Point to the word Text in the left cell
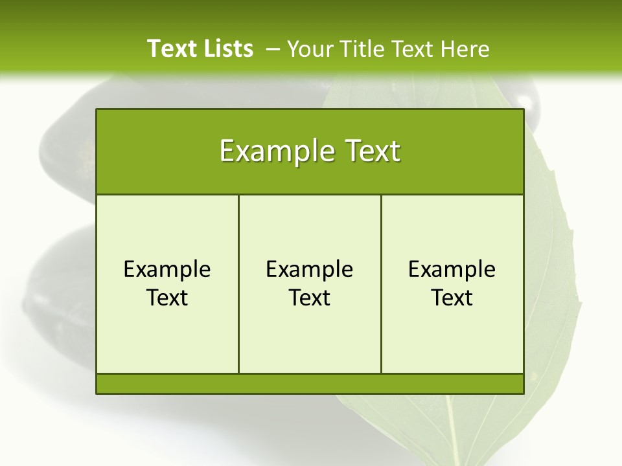pos(167,298)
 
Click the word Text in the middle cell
pos(310,298)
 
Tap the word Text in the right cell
pos(452,298)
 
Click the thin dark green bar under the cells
pos(310,384)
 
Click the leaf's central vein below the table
pos(448,427)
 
